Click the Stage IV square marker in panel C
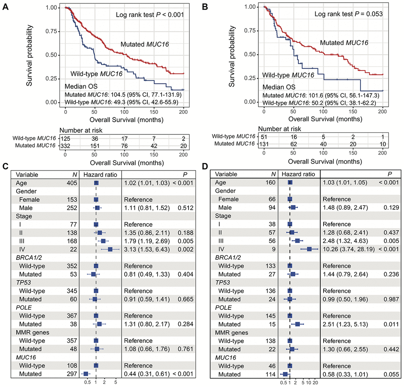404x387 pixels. (110, 249)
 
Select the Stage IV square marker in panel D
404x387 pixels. (310, 249)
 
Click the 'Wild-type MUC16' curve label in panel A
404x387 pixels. (96, 73)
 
